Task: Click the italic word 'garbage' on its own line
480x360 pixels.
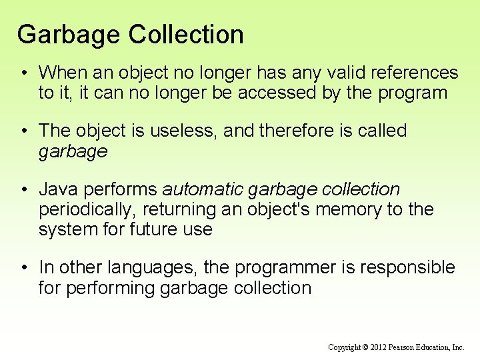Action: pos(73,152)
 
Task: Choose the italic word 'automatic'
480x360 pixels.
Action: pos(204,190)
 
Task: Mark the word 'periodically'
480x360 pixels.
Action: pos(87,210)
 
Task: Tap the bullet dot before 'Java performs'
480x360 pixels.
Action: pos(24,190)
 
